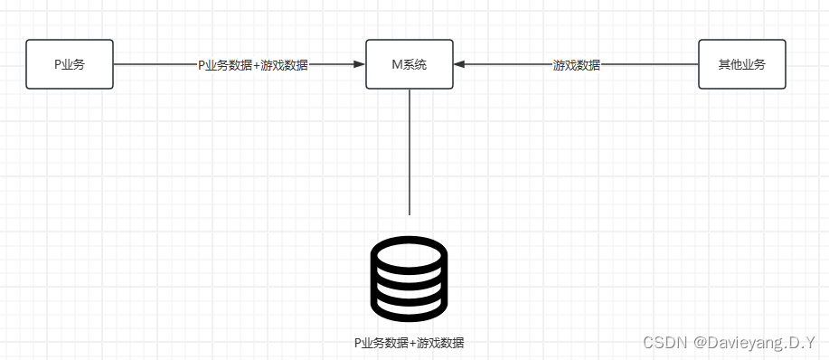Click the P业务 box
point(70,64)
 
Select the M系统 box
point(410,64)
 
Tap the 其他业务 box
point(741,64)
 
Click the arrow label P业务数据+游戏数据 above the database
point(253,65)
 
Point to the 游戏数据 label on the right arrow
point(577,65)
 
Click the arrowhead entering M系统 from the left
point(360,64)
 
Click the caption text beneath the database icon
point(410,344)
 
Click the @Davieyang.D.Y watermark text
point(754,343)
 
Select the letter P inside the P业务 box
point(58,65)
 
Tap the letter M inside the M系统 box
point(396,65)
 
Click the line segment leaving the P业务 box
point(154,64)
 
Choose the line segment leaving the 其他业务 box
point(651,64)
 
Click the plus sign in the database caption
point(413,344)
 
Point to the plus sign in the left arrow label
point(256,65)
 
